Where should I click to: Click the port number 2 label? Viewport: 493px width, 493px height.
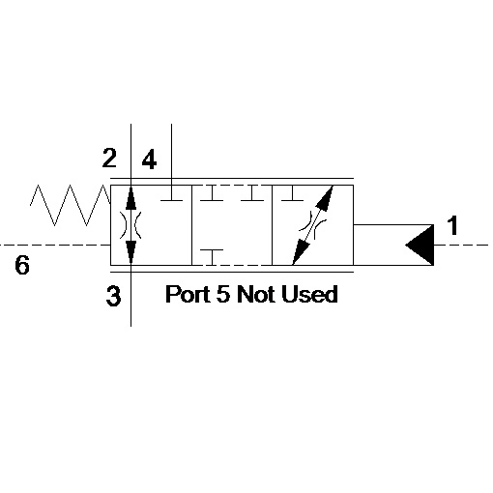click(x=109, y=158)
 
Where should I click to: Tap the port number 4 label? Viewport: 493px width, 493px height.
click(x=149, y=160)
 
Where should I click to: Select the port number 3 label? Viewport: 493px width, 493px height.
click(x=113, y=296)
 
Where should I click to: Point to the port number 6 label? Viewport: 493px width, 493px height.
click(x=22, y=265)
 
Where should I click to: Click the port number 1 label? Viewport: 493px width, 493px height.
click(x=452, y=225)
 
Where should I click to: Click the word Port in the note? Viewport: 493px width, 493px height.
click(x=188, y=294)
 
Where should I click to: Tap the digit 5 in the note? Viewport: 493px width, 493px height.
click(x=223, y=294)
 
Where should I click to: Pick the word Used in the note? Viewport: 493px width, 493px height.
click(x=309, y=294)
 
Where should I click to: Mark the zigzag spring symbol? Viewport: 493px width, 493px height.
click(x=71, y=205)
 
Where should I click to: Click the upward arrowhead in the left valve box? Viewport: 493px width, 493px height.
click(x=130, y=197)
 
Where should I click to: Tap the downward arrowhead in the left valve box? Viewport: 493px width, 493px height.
click(x=130, y=252)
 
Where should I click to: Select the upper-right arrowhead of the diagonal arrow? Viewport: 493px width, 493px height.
click(x=326, y=197)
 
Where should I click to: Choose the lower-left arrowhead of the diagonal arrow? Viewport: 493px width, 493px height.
click(x=300, y=252)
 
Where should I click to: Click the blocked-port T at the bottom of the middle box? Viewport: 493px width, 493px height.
click(x=212, y=257)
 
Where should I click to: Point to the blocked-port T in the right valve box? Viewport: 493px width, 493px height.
click(x=292, y=193)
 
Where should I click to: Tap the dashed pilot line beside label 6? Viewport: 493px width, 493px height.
click(x=55, y=246)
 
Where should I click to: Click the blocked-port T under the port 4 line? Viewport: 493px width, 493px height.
click(x=171, y=193)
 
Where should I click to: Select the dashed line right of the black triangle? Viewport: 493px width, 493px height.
click(x=461, y=246)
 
